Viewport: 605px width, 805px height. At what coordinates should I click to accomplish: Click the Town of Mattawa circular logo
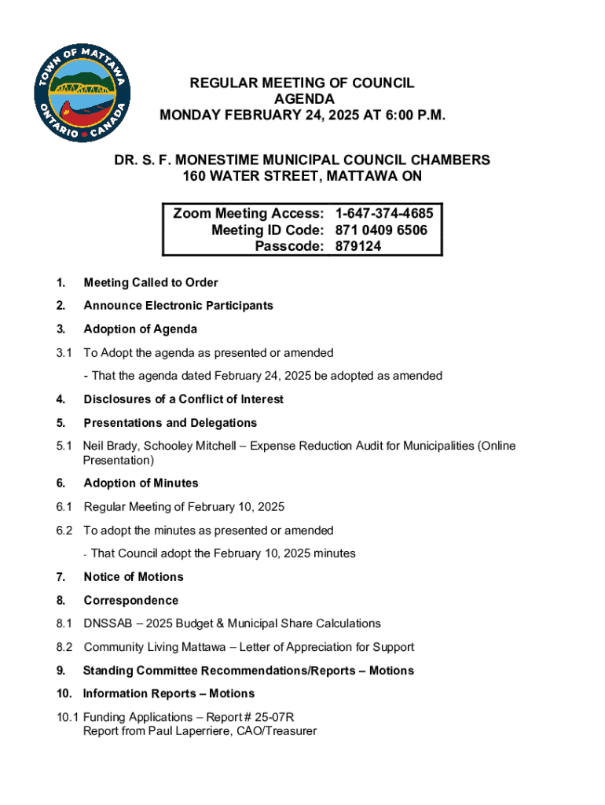[x=82, y=93]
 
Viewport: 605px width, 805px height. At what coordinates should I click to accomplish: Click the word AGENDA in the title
[x=303, y=99]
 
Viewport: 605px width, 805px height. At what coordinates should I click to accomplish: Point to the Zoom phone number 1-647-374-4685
[x=383, y=213]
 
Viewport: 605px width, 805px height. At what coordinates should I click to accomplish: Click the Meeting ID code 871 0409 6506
[x=381, y=230]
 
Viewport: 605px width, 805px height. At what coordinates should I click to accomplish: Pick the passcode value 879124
[x=358, y=246]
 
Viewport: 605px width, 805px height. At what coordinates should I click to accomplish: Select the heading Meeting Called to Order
[x=151, y=282]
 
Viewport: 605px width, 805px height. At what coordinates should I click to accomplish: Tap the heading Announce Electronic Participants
[x=178, y=305]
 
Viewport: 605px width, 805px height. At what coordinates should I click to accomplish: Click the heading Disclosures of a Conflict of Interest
[x=183, y=399]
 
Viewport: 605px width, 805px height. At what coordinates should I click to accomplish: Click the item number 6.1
[x=64, y=507]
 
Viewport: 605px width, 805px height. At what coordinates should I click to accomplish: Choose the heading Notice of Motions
[x=133, y=576]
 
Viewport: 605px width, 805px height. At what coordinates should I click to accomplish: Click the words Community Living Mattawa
[x=150, y=647]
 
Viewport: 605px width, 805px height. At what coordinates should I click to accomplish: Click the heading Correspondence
[x=130, y=600]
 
